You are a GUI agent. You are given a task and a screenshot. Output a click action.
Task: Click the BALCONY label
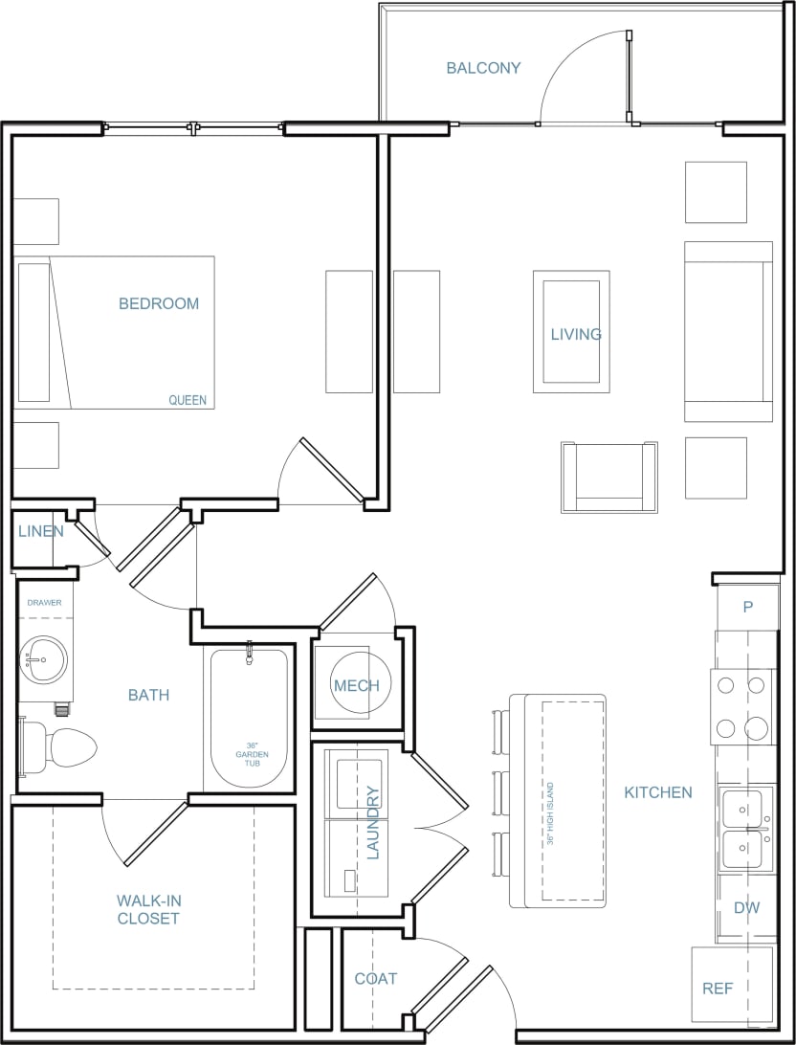[483, 68]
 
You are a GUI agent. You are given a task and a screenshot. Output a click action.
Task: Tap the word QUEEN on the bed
[188, 400]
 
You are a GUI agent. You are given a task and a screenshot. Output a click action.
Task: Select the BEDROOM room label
[159, 303]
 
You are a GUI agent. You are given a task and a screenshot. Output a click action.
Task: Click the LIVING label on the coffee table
[576, 334]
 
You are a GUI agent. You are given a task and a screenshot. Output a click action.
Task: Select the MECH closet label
[356, 685]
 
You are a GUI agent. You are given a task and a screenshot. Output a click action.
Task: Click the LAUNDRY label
[373, 823]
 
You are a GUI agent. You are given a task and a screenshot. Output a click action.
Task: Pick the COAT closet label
[375, 978]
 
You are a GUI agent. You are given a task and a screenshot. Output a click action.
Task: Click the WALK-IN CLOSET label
[148, 909]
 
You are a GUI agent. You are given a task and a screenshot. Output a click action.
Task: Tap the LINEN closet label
[40, 531]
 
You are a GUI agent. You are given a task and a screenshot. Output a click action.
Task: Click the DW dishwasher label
[746, 907]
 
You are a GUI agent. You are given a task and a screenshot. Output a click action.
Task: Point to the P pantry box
[747, 607]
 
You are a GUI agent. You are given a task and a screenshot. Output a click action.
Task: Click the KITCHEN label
[658, 792]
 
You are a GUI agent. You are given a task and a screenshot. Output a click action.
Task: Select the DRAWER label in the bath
[44, 603]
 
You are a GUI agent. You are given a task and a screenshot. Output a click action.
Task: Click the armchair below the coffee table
[609, 477]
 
